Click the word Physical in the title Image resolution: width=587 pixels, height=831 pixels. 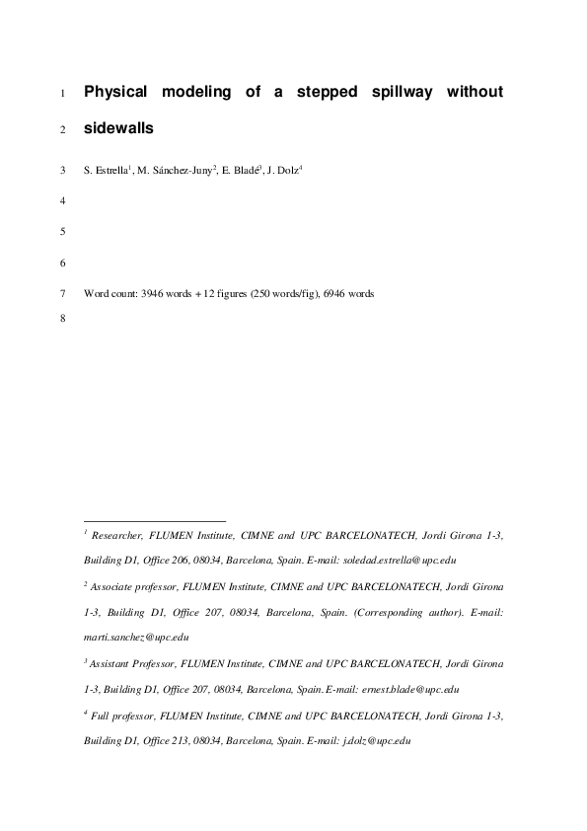click(x=115, y=93)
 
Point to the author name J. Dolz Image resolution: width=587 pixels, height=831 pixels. click(x=283, y=171)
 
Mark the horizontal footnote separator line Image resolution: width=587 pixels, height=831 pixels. click(x=155, y=520)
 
